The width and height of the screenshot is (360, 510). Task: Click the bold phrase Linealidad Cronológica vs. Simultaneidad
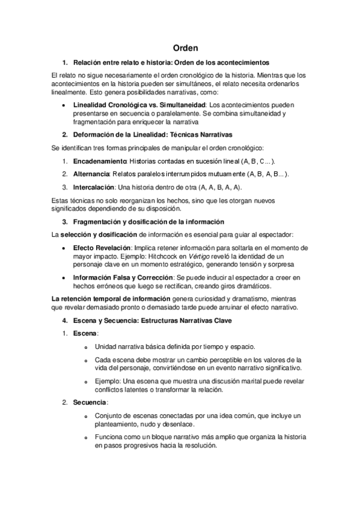point(139,105)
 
